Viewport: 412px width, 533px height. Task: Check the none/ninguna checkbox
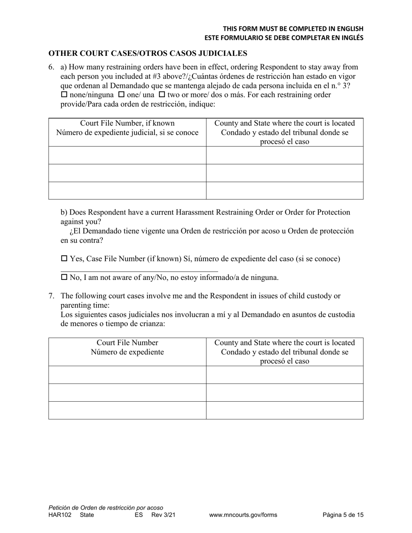point(64,94)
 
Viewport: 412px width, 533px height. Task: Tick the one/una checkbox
point(121,94)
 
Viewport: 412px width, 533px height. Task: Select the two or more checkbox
point(162,94)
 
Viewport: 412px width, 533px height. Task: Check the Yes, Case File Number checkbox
point(64,259)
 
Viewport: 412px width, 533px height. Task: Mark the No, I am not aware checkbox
point(64,277)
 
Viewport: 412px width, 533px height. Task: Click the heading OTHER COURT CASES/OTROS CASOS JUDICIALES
point(147,53)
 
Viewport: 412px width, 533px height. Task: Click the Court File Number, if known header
point(127,123)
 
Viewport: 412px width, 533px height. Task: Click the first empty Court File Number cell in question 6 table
point(127,155)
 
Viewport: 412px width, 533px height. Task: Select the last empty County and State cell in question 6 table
point(284,191)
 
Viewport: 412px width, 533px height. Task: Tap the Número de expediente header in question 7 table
point(127,352)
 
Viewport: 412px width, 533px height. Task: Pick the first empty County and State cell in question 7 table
point(284,375)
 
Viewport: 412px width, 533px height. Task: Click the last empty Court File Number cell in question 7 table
point(127,410)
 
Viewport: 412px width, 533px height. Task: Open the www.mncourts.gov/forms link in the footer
point(243,515)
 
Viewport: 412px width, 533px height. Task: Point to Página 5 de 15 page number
point(343,515)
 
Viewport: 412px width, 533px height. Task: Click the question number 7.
point(51,296)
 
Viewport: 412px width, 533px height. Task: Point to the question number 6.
point(51,67)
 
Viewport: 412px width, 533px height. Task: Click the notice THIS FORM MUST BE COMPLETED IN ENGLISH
point(293,29)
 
